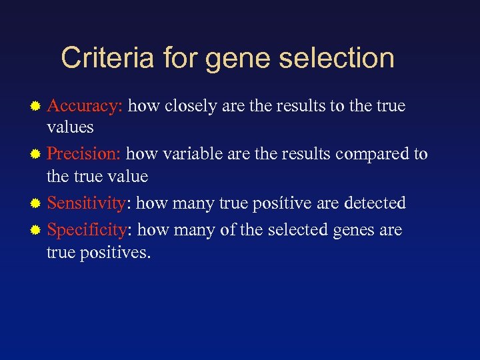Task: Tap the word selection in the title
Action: (337, 58)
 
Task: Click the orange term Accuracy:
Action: (85, 106)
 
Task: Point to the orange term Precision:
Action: (84, 154)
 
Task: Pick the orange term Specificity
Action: (87, 230)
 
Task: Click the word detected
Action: (375, 202)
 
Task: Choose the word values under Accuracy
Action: (70, 127)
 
